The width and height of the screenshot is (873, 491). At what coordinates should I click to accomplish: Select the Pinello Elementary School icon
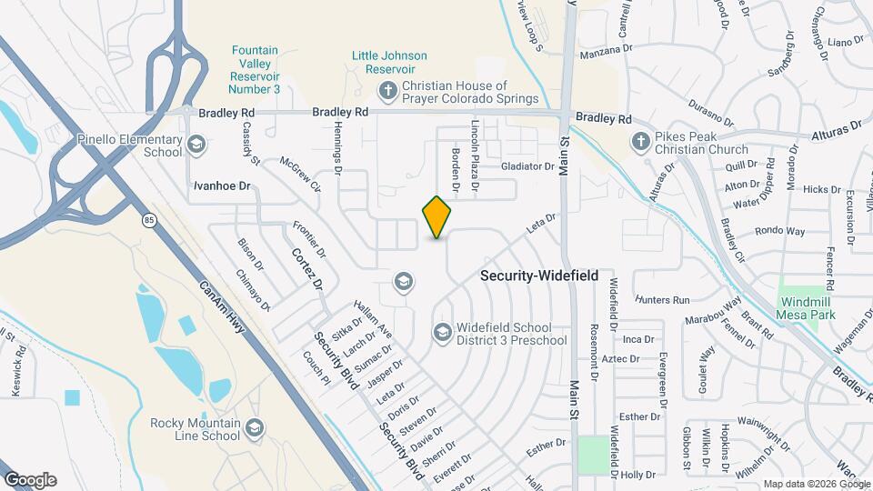point(196,145)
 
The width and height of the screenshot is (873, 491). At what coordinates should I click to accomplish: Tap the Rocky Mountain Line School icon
point(256,427)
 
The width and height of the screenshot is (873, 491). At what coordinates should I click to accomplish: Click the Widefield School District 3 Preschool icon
point(442,333)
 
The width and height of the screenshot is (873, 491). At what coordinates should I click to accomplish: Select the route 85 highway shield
point(149,219)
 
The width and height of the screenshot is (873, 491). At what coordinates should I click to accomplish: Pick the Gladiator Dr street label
point(527,167)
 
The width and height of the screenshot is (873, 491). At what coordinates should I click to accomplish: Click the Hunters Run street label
point(664,299)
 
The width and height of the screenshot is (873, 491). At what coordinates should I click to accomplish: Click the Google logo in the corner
point(30,480)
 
